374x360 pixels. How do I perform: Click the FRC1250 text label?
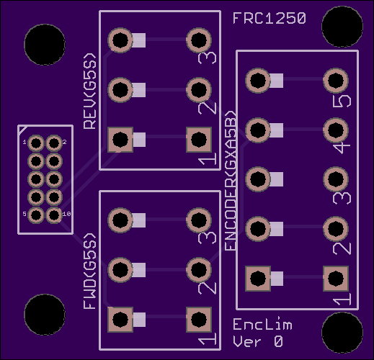click(270, 18)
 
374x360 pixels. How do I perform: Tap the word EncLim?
click(262, 324)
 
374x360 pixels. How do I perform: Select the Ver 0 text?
click(258, 341)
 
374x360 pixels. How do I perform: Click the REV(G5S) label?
click(90, 91)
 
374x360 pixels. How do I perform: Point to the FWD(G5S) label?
click(90, 271)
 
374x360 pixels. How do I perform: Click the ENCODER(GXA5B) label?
click(230, 181)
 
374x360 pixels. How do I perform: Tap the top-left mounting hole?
click(45, 45)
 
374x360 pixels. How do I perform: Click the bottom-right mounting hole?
click(342, 333)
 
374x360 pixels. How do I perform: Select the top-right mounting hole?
click(342, 27)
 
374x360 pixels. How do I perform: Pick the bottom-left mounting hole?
click(45, 315)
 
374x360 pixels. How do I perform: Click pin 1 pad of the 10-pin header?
click(36, 143)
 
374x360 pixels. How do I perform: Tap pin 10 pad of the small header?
click(54, 215)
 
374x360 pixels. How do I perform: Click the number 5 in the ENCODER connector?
click(342, 101)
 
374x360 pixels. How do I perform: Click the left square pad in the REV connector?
click(120, 140)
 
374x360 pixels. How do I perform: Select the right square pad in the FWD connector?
click(199, 320)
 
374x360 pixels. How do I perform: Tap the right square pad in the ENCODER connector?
click(336, 279)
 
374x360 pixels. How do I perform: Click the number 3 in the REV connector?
click(207, 58)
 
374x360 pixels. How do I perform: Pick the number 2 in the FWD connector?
click(207, 288)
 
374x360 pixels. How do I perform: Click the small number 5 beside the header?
click(25, 214)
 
